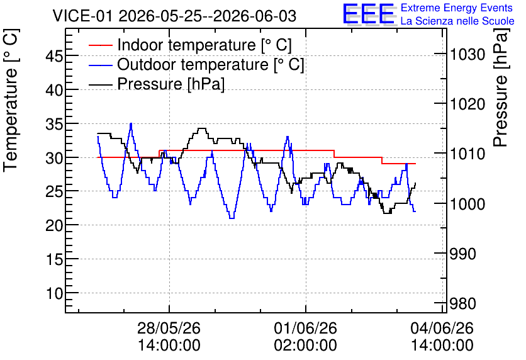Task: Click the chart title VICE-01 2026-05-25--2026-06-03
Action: pyautogui.click(x=174, y=16)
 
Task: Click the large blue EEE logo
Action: pyautogui.click(x=368, y=14)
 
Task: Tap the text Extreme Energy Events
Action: pyautogui.click(x=457, y=8)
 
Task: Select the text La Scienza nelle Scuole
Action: pyautogui.click(x=457, y=21)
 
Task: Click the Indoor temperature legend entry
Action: pyautogui.click(x=190, y=45)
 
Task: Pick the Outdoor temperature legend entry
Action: pyautogui.click(x=196, y=64)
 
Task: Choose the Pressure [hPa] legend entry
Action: pyautogui.click(x=156, y=84)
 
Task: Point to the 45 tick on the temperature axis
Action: pyautogui.click(x=53, y=56)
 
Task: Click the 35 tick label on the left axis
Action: pyautogui.click(x=53, y=124)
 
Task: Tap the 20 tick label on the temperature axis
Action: pyautogui.click(x=53, y=226)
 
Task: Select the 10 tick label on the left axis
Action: pyautogui.click(x=53, y=294)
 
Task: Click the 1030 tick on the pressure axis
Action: pyautogui.click(x=467, y=54)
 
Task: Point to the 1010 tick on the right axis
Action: pyautogui.click(x=467, y=154)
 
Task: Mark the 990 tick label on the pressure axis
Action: pyautogui.click(x=462, y=254)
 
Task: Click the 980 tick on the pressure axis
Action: pyautogui.click(x=462, y=304)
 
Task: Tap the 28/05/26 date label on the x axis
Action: pyautogui.click(x=169, y=328)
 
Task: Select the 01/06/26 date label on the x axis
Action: pyautogui.click(x=306, y=328)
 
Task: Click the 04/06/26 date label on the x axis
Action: pyautogui.click(x=442, y=328)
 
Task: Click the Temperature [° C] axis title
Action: pyautogui.click(x=11, y=101)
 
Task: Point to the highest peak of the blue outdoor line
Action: pyautogui.click(x=131, y=123)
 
